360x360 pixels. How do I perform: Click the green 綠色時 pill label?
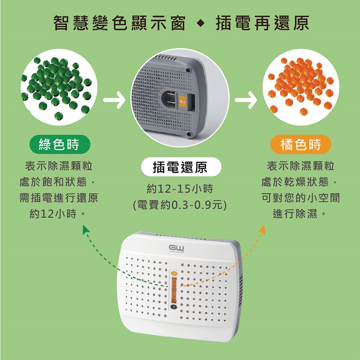[60, 144]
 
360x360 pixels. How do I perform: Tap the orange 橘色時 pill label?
[300, 144]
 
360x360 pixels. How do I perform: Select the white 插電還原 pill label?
[181, 167]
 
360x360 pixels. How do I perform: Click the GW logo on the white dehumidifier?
[177, 248]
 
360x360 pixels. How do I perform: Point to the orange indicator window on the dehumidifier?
[174, 290]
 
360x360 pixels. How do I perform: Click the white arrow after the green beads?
[114, 100]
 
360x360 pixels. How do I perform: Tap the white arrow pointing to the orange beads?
[246, 100]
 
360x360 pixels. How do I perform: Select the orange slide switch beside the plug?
[183, 101]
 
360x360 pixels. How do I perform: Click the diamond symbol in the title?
[201, 23]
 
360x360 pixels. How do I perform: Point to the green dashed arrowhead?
[86, 229]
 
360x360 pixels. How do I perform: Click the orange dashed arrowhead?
[262, 229]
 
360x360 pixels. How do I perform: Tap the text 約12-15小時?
[180, 189]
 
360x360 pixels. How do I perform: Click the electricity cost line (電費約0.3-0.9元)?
[180, 205]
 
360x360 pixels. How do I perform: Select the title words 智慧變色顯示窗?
[120, 23]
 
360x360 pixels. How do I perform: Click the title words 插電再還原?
[262, 23]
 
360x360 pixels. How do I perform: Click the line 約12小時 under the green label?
[58, 214]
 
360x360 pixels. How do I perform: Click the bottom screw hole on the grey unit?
[189, 134]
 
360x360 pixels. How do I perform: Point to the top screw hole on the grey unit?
[188, 70]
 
